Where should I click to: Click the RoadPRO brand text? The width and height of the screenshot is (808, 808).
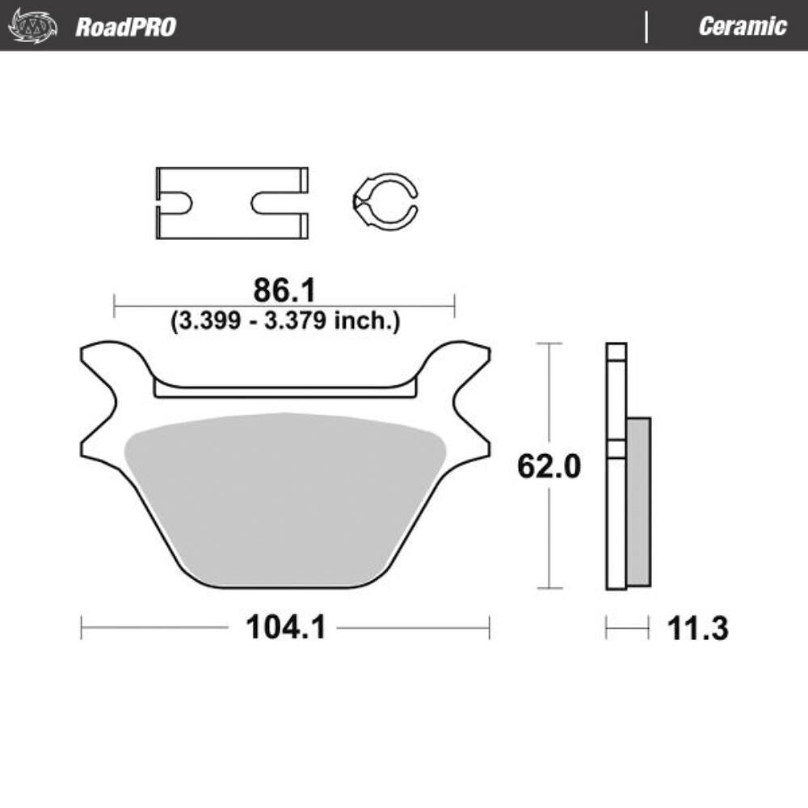pos(125,27)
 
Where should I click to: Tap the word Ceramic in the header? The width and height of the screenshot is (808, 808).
pos(742,27)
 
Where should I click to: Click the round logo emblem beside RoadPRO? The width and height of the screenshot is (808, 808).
pos(32,27)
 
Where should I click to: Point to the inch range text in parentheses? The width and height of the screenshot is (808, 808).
pos(284,321)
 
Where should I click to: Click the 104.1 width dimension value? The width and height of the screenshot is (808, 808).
pos(285,627)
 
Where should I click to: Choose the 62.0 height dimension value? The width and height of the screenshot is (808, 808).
pos(549,466)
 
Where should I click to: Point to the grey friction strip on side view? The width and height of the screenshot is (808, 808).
pos(638,501)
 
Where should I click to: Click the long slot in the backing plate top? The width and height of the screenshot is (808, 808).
pos(284,392)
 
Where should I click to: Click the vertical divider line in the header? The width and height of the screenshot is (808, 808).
pos(646,27)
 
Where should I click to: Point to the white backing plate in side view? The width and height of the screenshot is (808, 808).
pos(616,517)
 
